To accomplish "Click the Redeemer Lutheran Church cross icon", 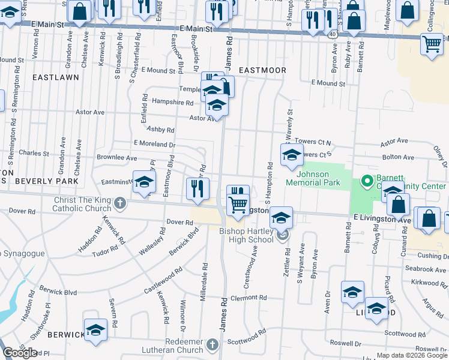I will coord(212,344).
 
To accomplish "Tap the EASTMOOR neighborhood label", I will coord(262,70).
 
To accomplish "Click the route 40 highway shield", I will coord(332,35).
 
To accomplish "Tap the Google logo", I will coord(20,353).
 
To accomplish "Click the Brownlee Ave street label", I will coord(116,157).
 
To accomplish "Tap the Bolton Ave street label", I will coord(398,157).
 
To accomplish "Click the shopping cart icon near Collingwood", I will coord(432,44).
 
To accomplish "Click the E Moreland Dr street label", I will coord(154,144).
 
